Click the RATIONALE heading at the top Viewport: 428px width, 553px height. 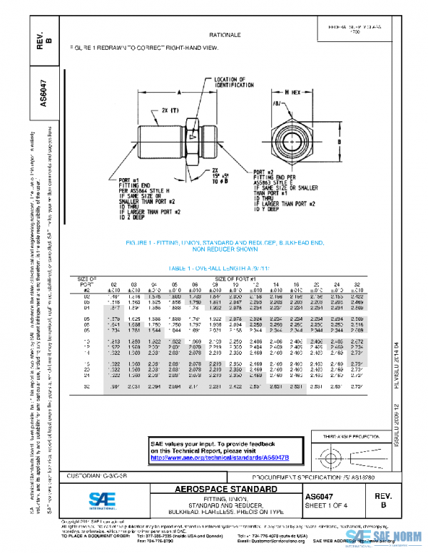(225, 34)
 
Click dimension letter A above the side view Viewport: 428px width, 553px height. (179, 93)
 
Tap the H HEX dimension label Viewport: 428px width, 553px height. (293, 93)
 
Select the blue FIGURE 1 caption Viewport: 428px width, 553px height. (225, 247)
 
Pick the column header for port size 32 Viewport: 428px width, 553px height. (357, 284)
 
